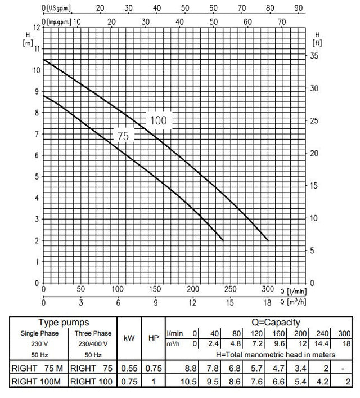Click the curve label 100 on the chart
click(159, 120)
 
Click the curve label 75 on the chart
click(123, 136)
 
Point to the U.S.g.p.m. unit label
click(58, 8)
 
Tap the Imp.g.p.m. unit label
click(60, 21)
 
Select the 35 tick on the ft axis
click(316, 56)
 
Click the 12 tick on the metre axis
click(37, 27)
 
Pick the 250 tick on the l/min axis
click(230, 289)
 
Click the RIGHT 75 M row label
click(36, 369)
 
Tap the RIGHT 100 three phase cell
click(91, 383)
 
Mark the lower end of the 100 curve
click(268, 240)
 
